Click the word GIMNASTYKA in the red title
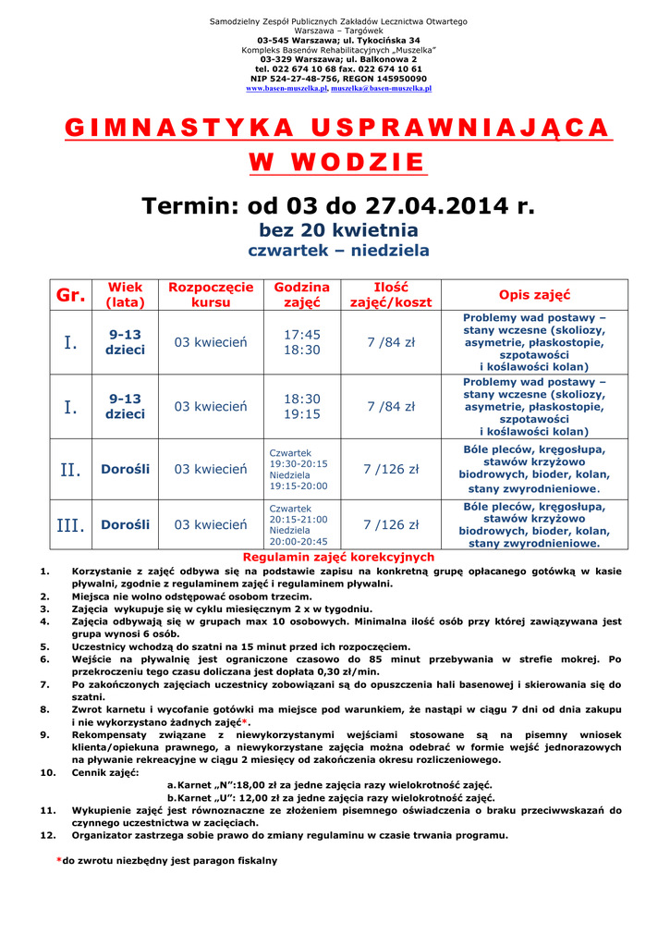[166, 129]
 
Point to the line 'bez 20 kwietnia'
[338, 230]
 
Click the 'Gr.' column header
[70, 295]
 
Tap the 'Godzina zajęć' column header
[301, 295]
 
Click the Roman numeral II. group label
[70, 470]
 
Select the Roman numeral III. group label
[70, 525]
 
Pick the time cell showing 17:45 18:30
[301, 342]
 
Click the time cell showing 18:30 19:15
[301, 407]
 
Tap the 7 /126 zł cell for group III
[391, 525]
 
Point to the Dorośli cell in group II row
[125, 470]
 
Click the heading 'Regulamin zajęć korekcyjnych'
[337, 558]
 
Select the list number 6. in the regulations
[45, 659]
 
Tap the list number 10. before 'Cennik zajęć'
[48, 772]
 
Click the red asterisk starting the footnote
[59, 860]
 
